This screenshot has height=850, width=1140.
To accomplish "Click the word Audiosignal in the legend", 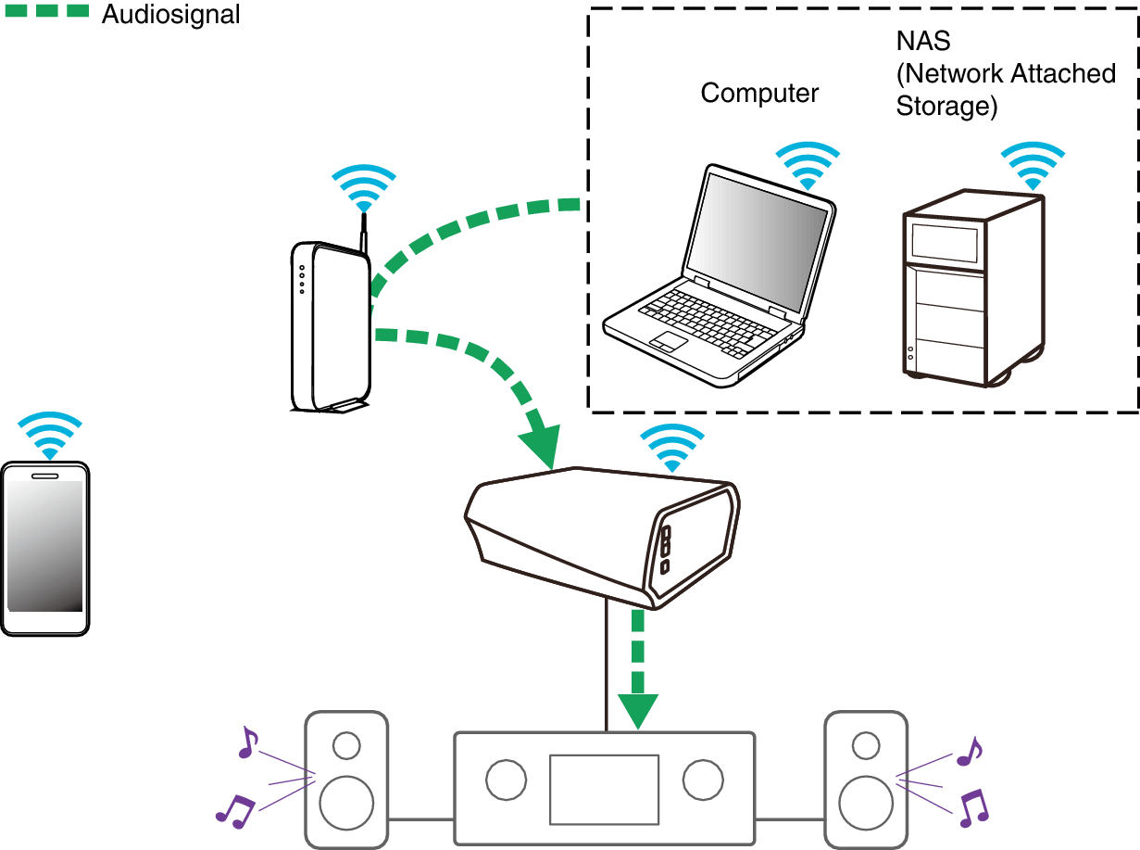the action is (170, 16).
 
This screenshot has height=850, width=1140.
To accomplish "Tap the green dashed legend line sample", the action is (47, 10).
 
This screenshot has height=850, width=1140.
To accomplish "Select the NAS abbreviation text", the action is (923, 41).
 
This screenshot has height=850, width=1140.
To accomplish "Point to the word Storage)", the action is (946, 107).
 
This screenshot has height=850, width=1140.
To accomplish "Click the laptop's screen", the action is (758, 241).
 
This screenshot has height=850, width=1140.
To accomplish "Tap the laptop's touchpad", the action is (669, 340).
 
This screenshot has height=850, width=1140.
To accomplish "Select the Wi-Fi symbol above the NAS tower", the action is (1033, 166).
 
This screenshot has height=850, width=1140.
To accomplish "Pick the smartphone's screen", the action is (44, 546).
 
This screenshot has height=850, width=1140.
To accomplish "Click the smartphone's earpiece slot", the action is (45, 476).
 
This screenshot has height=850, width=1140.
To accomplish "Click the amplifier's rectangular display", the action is (605, 790).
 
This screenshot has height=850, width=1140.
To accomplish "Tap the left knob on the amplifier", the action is (507, 780).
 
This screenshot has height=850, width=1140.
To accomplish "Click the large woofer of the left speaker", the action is (346, 803).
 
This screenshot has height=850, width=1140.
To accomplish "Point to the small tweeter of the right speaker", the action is (866, 745).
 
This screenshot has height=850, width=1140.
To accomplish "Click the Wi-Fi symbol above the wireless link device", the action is (672, 448).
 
